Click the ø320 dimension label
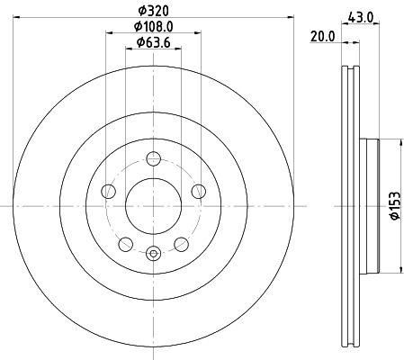point(154,11)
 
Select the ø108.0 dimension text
point(154,27)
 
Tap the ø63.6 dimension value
point(154,42)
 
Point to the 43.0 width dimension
point(360,17)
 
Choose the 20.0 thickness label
point(322,37)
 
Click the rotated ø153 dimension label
point(395,206)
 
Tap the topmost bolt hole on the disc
point(154,158)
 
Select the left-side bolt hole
point(108,192)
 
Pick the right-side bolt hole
point(199,192)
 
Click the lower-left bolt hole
point(126,245)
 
